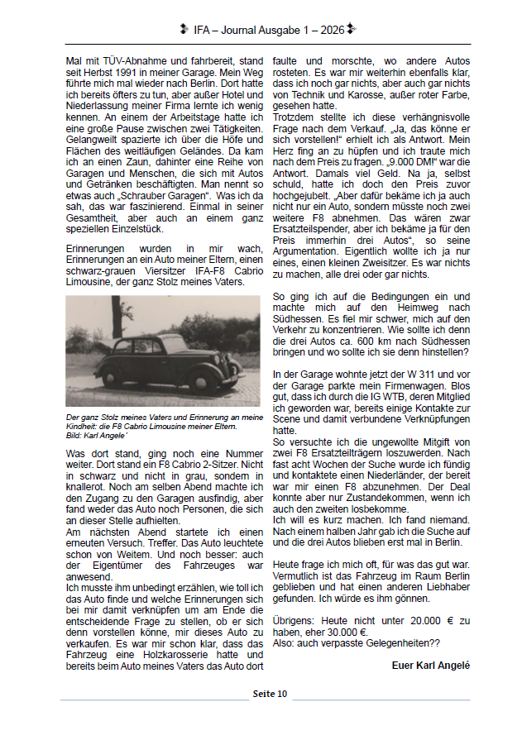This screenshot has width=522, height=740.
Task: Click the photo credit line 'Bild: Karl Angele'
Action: [98, 434]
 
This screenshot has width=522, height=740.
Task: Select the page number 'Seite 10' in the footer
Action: [270, 693]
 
